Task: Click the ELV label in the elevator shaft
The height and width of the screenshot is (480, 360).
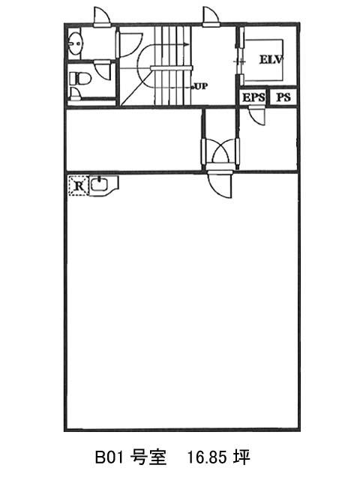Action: click(271, 59)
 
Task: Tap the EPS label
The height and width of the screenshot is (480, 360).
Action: click(253, 97)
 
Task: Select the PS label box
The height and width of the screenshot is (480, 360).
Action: click(283, 97)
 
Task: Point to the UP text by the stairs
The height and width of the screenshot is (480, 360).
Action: click(201, 87)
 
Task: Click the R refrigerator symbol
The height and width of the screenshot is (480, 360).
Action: click(78, 185)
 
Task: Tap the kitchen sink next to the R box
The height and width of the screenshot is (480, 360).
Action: click(103, 185)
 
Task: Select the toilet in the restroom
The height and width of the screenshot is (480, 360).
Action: click(80, 79)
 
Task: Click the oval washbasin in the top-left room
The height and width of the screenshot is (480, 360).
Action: click(75, 43)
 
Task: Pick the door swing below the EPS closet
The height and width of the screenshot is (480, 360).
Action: click(257, 115)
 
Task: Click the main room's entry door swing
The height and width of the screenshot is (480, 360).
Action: click(219, 185)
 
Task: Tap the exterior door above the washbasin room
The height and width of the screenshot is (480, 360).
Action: click(103, 16)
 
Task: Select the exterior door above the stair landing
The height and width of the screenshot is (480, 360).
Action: click(211, 16)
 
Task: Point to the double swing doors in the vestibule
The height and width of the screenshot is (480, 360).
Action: click(220, 152)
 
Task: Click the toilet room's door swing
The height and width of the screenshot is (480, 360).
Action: click(103, 70)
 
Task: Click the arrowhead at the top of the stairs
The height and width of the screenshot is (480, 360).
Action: click(187, 45)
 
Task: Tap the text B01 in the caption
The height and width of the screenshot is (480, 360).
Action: click(109, 457)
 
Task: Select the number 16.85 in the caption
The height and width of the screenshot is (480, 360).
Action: click(207, 457)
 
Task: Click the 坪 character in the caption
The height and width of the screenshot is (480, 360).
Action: click(241, 457)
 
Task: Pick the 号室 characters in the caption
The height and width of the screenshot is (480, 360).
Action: click(148, 457)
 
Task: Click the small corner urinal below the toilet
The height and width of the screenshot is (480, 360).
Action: click(75, 94)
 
